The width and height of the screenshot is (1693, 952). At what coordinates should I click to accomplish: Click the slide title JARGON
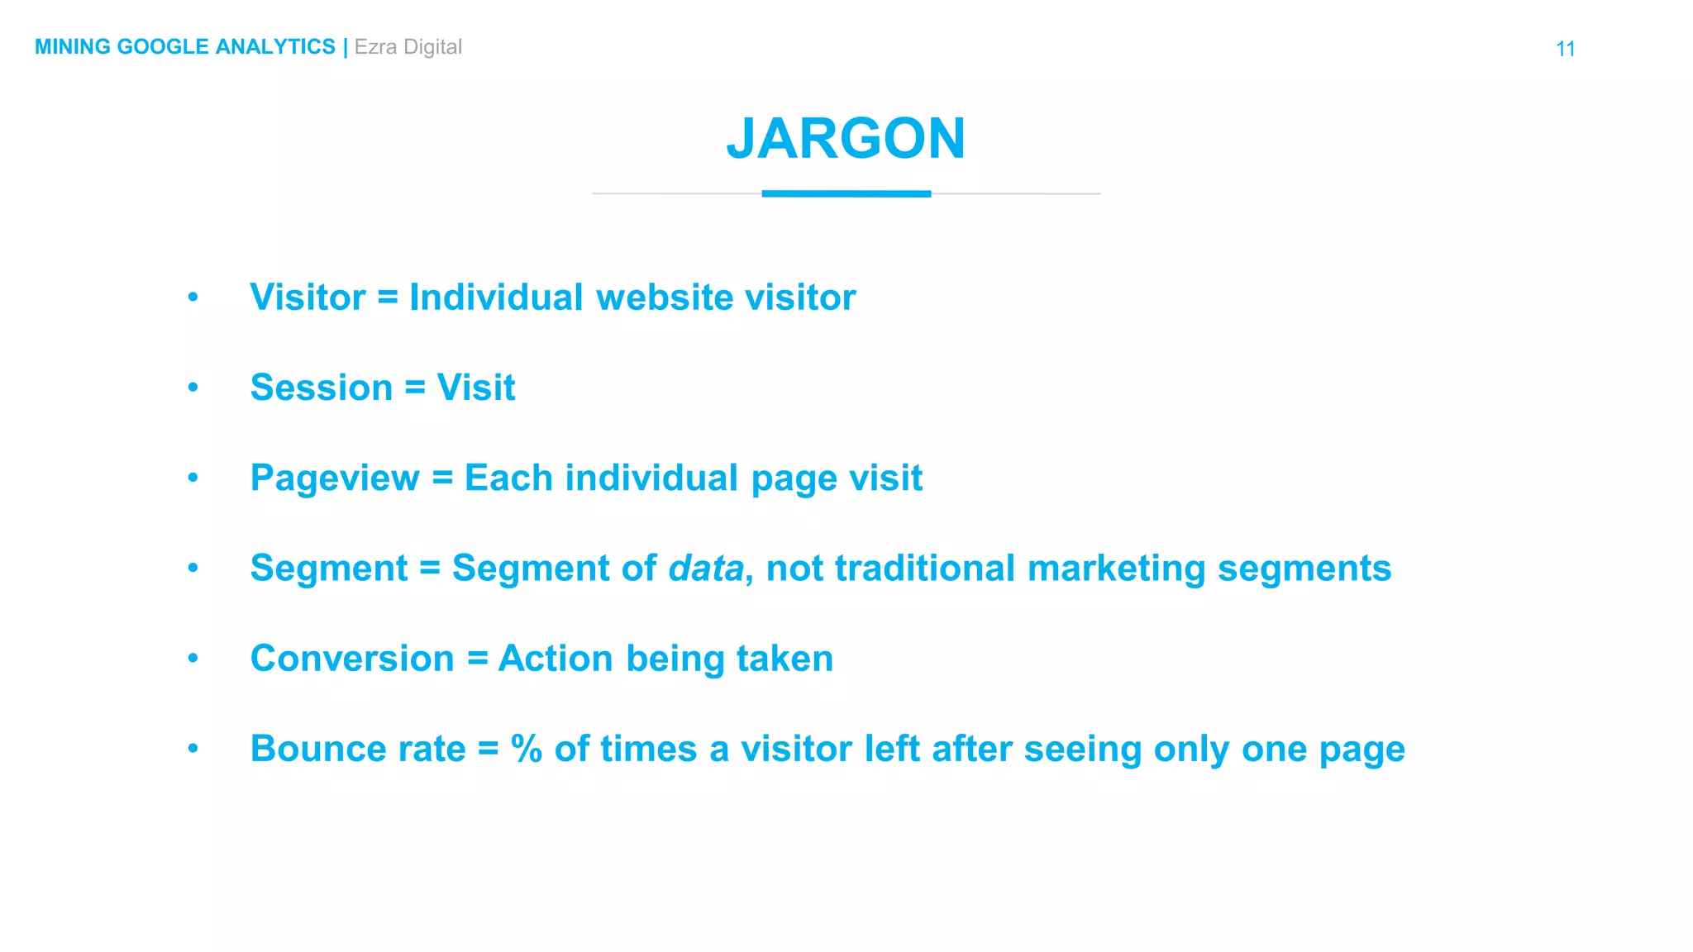[x=846, y=138]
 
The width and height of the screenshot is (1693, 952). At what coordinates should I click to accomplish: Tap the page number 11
[x=1565, y=49]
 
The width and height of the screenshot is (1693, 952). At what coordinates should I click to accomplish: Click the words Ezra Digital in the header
[x=408, y=47]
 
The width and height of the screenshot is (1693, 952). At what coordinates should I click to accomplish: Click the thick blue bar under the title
[x=846, y=194]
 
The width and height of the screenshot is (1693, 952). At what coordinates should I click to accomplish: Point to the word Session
[x=321, y=388]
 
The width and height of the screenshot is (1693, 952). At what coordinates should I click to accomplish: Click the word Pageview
[x=335, y=478]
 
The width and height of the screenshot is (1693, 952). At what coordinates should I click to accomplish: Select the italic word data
[x=705, y=569]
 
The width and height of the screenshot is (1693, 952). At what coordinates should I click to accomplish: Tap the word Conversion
[x=352, y=659]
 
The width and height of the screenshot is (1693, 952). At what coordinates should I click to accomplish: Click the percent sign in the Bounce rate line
[x=526, y=749]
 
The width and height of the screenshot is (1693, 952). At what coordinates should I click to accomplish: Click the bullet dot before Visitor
[x=193, y=297]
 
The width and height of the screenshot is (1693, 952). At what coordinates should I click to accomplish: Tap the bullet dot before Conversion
[x=193, y=658]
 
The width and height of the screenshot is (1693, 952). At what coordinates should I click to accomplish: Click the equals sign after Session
[x=415, y=388]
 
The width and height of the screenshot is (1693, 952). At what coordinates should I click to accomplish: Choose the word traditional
[x=924, y=569]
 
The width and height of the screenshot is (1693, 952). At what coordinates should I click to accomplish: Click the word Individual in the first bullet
[x=496, y=297]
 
